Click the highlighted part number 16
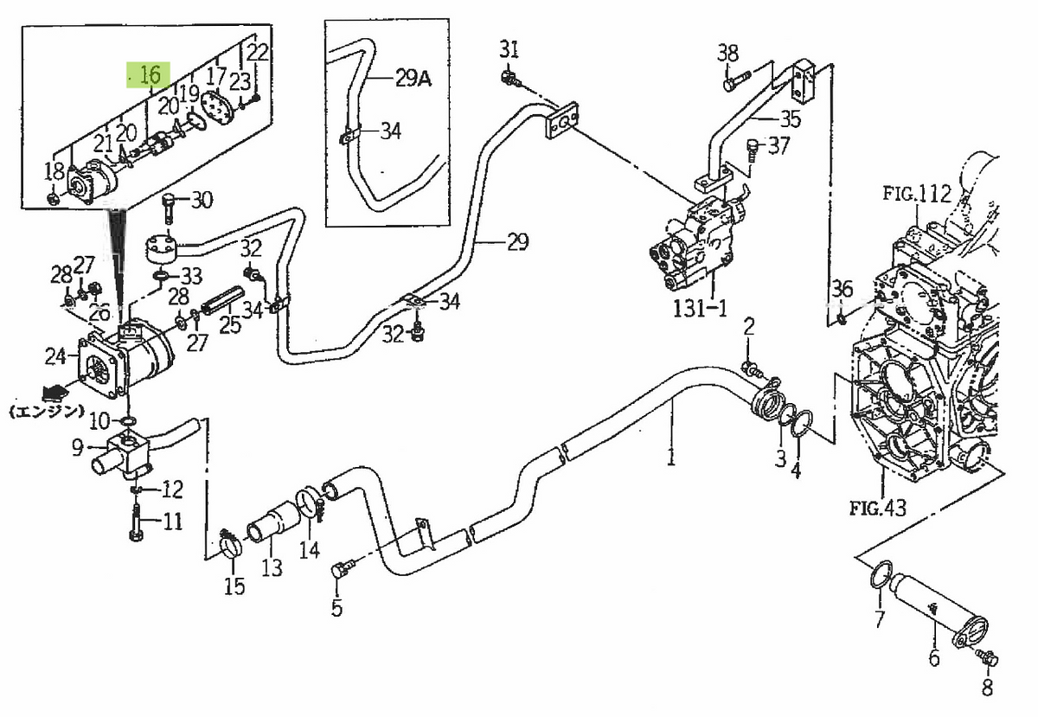click(150, 75)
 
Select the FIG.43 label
click(877, 508)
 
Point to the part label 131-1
click(702, 309)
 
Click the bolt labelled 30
click(170, 205)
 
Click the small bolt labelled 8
click(988, 659)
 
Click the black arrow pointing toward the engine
click(54, 390)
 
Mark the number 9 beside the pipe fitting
click(77, 448)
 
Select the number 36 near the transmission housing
click(841, 289)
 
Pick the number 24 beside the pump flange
click(55, 355)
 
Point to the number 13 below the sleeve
click(272, 568)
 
